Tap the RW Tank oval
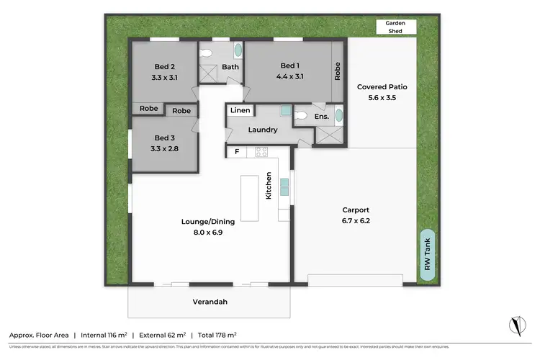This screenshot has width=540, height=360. pos(428,256)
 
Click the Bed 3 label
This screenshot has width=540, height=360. pos(165,138)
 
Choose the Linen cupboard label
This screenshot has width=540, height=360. pos(240,110)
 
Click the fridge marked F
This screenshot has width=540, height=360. pos(236,152)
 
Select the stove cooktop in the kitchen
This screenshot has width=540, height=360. pos(261,152)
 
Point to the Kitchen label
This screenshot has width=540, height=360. pos(269,186)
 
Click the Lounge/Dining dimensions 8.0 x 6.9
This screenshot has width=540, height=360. pos(208,232)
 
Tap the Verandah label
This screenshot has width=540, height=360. pos(210,302)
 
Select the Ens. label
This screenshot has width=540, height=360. pos(321,117)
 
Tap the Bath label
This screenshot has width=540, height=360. pos(230,68)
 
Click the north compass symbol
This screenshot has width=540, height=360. pos(515,325)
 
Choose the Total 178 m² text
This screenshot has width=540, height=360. pos(217,335)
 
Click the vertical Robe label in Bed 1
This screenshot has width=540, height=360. pos(336,71)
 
